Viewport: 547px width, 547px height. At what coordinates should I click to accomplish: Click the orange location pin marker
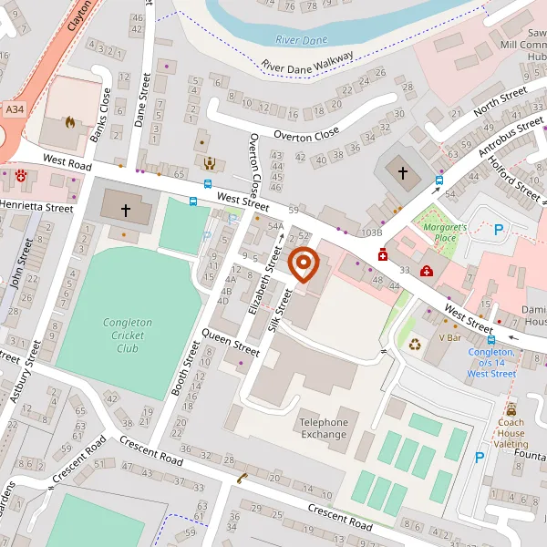pos(303,264)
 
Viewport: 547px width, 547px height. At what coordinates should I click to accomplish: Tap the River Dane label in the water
pos(300,39)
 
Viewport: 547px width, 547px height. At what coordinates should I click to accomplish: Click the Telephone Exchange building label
pos(324,428)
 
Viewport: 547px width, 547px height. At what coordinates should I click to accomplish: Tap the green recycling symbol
pos(416,345)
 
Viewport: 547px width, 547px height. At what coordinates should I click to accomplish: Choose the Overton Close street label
pos(306,135)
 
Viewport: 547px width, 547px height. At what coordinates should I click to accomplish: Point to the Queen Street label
pos(231,341)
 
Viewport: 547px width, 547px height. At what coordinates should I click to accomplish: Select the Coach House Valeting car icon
pos(511,409)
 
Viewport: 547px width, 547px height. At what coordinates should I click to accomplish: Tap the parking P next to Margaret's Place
pos(499,231)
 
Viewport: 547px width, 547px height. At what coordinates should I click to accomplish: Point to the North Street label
pos(501,101)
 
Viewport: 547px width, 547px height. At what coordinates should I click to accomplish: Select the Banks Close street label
pos(100,116)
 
